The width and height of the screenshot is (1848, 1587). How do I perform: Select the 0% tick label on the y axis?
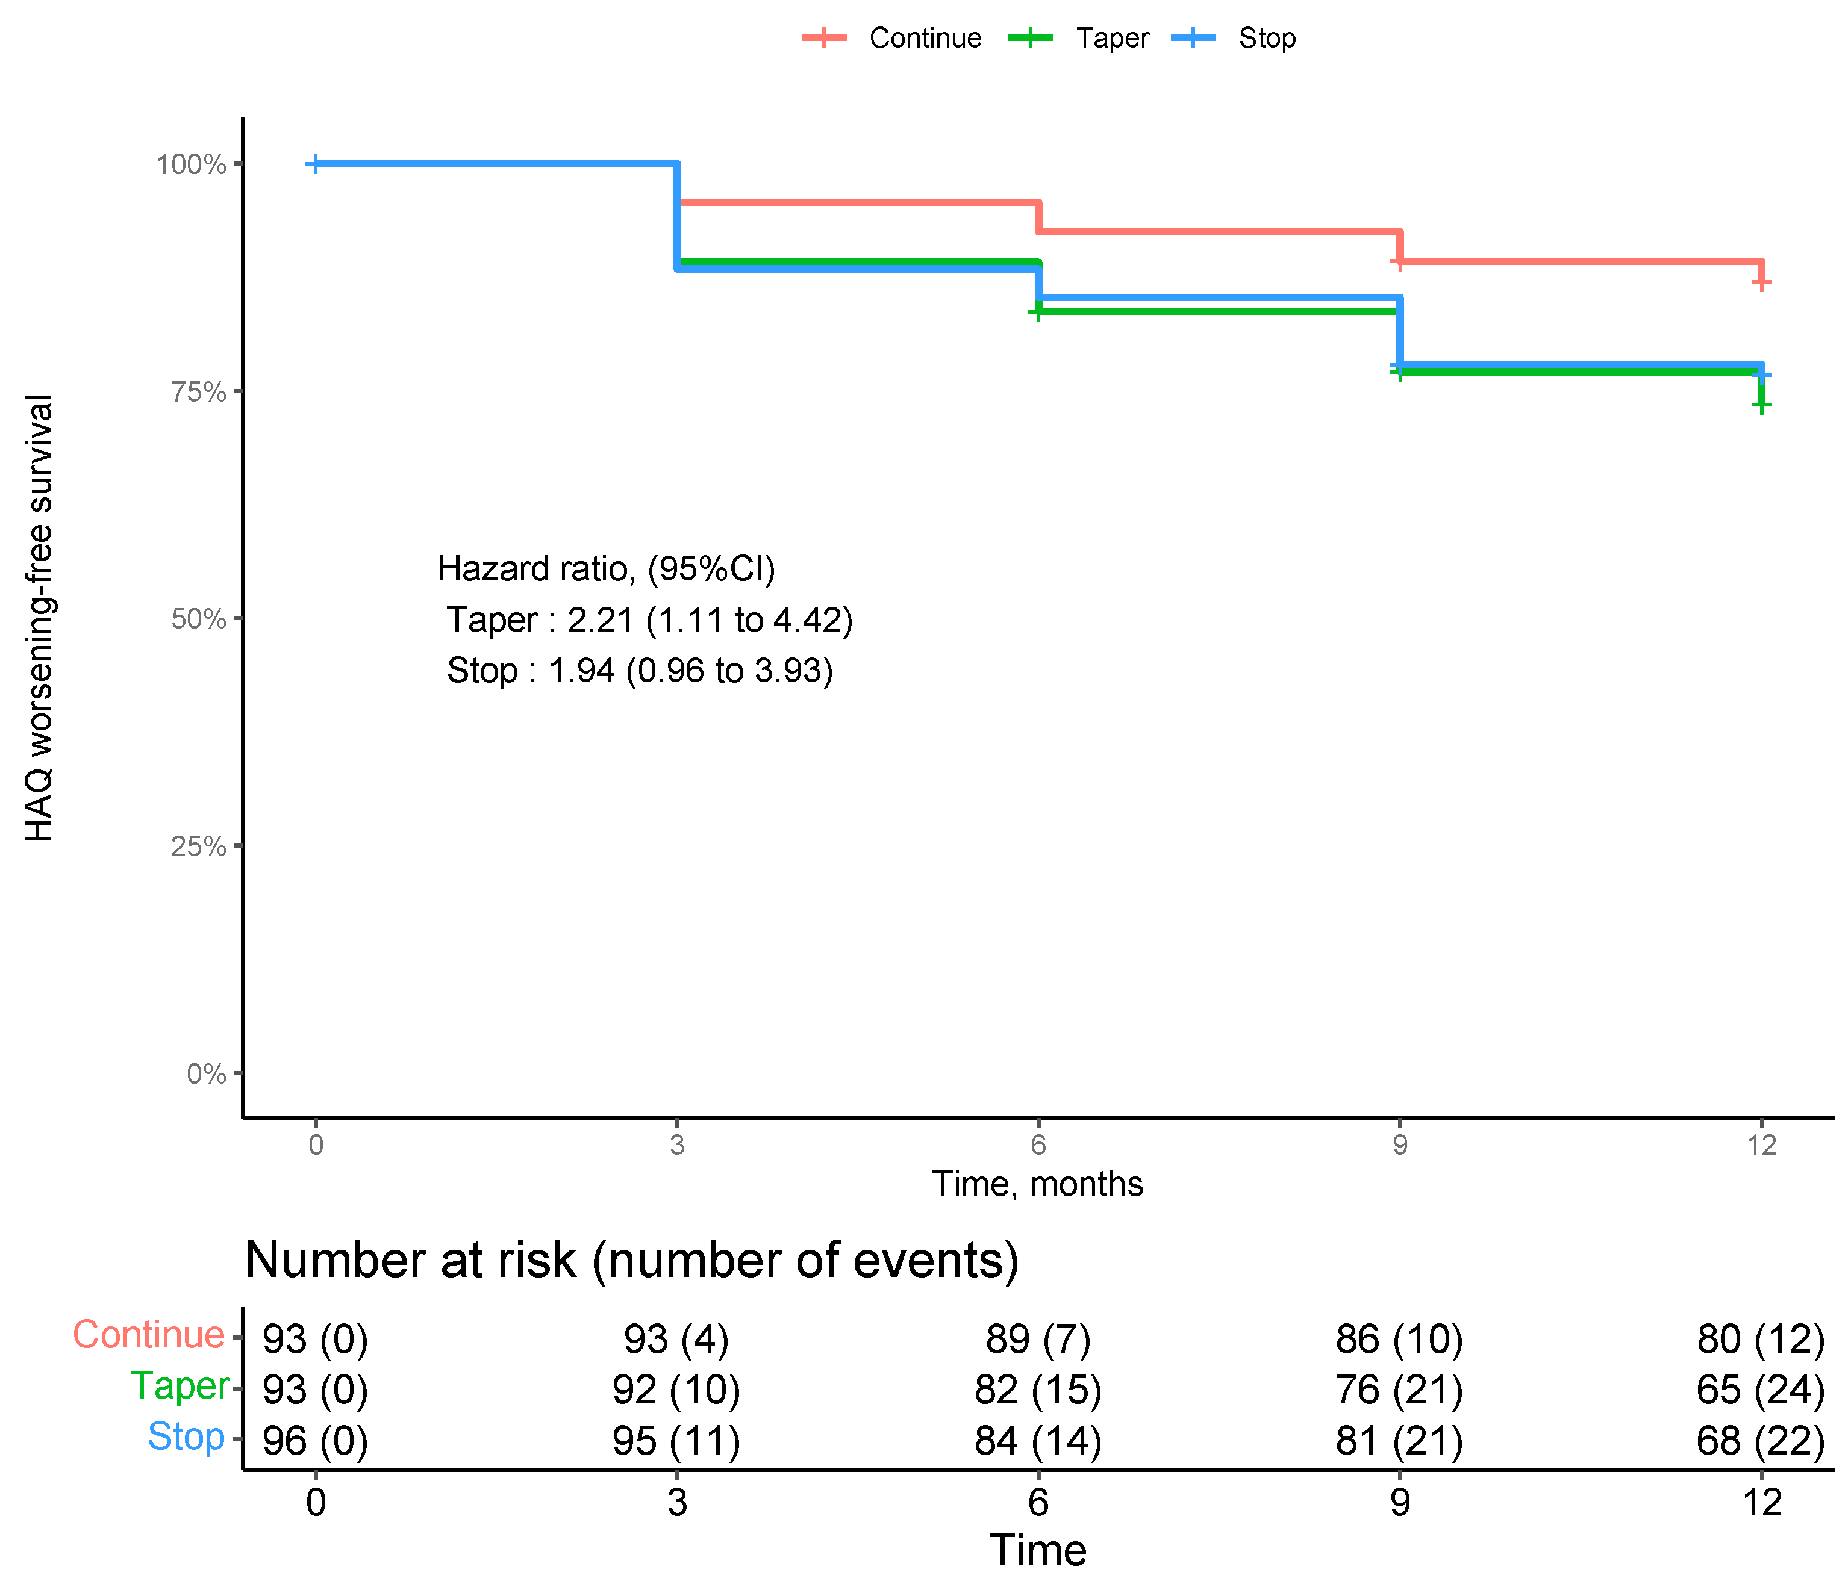(206, 1073)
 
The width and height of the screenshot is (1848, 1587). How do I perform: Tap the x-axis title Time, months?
(1037, 1184)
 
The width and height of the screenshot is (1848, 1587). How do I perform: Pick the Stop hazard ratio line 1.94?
(640, 671)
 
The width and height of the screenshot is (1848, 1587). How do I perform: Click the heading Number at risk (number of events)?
(631, 1260)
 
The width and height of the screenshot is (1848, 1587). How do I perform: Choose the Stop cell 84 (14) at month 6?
(1037, 1441)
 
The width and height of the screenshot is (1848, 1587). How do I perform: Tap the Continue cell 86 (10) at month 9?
(1399, 1339)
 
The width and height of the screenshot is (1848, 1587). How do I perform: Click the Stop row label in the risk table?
(186, 1436)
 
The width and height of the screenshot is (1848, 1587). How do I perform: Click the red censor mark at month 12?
(1761, 282)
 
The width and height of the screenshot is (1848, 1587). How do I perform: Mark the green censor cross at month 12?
(1761, 406)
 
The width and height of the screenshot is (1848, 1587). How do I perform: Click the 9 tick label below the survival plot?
(1399, 1144)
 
